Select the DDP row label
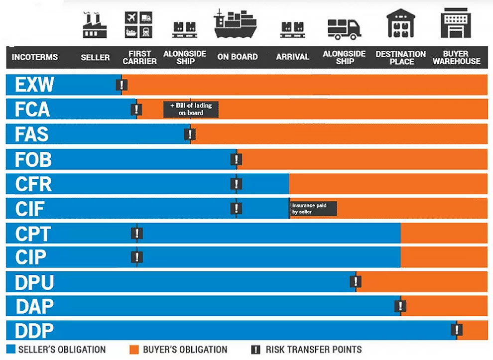[34, 331]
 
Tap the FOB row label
[34, 159]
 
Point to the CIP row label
[31, 257]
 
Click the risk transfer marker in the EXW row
[120, 85]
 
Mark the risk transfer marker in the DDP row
[456, 330]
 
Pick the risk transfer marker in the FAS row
[190, 134]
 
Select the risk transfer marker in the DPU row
[355, 281]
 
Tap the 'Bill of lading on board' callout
[191, 109]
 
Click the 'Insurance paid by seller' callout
[313, 209]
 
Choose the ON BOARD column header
[238, 57]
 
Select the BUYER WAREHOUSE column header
[456, 57]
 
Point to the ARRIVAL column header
[293, 57]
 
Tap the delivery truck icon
[344, 29]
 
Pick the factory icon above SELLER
[95, 25]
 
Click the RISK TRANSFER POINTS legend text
[313, 350]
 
